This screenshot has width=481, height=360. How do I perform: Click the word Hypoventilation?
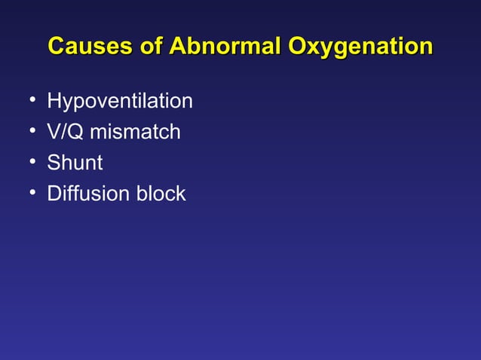click(119, 101)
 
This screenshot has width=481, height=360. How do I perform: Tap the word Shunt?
click(75, 163)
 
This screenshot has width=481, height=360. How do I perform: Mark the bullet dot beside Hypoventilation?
click(27, 100)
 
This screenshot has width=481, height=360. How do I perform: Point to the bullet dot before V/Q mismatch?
click(27, 131)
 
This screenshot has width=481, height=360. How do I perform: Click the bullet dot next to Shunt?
click(27, 162)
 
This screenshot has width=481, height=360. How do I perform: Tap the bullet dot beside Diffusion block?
click(27, 193)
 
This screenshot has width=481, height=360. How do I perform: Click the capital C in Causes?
click(57, 45)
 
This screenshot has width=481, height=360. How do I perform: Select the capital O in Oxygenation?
click(299, 45)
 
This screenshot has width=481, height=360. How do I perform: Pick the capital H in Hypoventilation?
click(54, 101)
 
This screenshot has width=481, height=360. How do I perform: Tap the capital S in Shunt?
click(53, 163)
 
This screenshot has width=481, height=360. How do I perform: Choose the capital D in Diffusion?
click(54, 194)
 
